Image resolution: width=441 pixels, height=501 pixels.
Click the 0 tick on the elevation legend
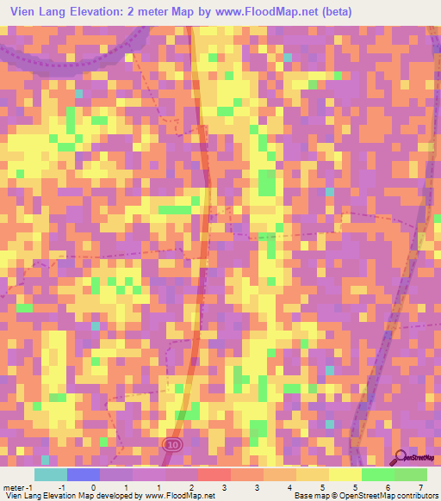pos(93,487)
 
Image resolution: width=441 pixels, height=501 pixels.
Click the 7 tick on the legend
pos(419,487)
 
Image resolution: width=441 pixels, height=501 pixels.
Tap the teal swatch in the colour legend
pos(51,474)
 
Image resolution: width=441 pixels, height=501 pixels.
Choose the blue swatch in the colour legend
pos(84,474)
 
